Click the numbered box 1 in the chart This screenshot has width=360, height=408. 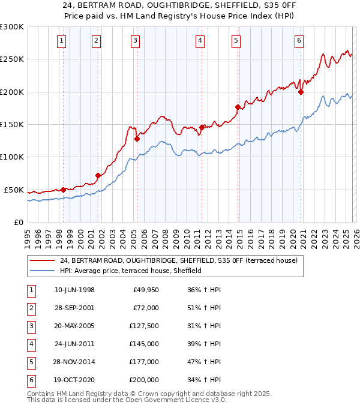pos(62,41)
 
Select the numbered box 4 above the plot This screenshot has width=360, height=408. pos(200,41)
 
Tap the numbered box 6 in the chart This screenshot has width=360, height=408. pos(299,41)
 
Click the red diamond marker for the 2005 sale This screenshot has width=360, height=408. pos(137,139)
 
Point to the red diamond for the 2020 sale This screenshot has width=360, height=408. pos(301,92)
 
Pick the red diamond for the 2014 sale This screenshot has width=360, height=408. pos(238,107)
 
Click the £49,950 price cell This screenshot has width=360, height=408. pos(145,290)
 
